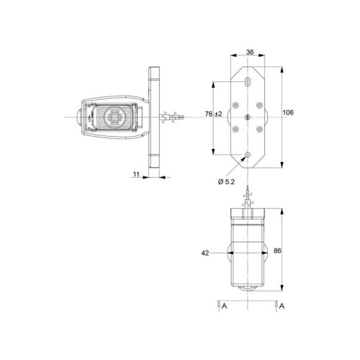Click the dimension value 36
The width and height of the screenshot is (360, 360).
coord(250,52)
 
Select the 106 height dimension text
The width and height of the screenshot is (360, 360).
coord(288,112)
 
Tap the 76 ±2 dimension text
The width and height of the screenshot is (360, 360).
coord(214,114)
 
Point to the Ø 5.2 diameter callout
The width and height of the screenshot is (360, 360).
coord(226,182)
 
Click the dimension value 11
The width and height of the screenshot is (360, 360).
coord(136,174)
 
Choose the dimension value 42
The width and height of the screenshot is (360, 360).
coord(205,253)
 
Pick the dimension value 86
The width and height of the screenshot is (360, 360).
coord(277,251)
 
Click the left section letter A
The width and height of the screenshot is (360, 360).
coord(224,306)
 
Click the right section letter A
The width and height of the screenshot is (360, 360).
coord(282,306)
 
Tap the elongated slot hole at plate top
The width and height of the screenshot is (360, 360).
coord(248,81)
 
